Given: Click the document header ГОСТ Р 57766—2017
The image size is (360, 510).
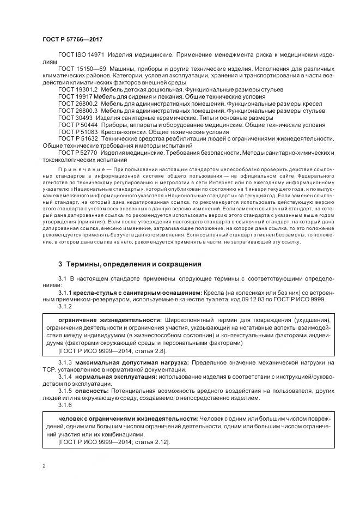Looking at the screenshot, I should coord(72,40).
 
